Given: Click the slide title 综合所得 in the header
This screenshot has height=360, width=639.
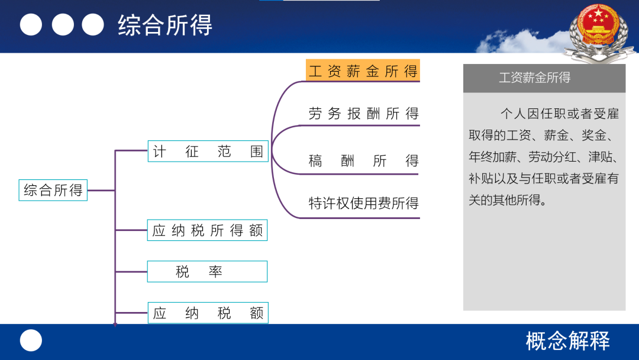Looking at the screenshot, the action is pyautogui.click(x=165, y=25).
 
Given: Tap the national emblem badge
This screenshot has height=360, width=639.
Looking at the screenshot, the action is pyautogui.click(x=599, y=32).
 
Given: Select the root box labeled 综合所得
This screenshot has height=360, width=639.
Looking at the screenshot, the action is pyautogui.click(x=53, y=190).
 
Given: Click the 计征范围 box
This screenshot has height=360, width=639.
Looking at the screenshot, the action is pyautogui.click(x=208, y=151).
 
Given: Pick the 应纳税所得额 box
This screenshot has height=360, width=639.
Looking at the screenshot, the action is pyautogui.click(x=208, y=230).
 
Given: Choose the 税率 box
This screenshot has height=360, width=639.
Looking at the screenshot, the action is pyautogui.click(x=208, y=272).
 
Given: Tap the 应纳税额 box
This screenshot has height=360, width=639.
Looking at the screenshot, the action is pyautogui.click(x=208, y=313).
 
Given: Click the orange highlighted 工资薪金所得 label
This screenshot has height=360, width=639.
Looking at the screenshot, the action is pyautogui.click(x=363, y=71).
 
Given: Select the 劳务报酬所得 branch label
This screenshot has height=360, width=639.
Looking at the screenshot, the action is pyautogui.click(x=363, y=113).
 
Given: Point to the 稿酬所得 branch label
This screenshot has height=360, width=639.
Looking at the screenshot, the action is pyautogui.click(x=363, y=160).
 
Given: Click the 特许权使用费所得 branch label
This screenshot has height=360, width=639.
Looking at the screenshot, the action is pyautogui.click(x=363, y=203).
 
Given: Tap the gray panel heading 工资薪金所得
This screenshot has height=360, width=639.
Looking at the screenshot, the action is pyautogui.click(x=535, y=78).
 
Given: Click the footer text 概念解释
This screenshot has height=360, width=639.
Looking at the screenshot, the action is pyautogui.click(x=567, y=341).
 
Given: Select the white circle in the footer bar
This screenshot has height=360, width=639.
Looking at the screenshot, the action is pyautogui.click(x=31, y=340).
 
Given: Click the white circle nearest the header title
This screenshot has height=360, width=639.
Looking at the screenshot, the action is pyautogui.click(x=93, y=24).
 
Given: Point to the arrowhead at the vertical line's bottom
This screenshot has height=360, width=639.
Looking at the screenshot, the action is pyautogui.click(x=115, y=324).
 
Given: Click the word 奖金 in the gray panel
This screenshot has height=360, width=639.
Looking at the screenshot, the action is pyautogui.click(x=593, y=135).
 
